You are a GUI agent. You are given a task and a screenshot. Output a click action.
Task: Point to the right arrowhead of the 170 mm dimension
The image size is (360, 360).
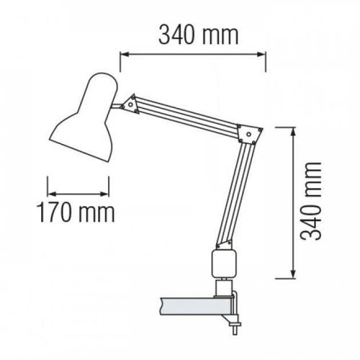coord(111,193)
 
